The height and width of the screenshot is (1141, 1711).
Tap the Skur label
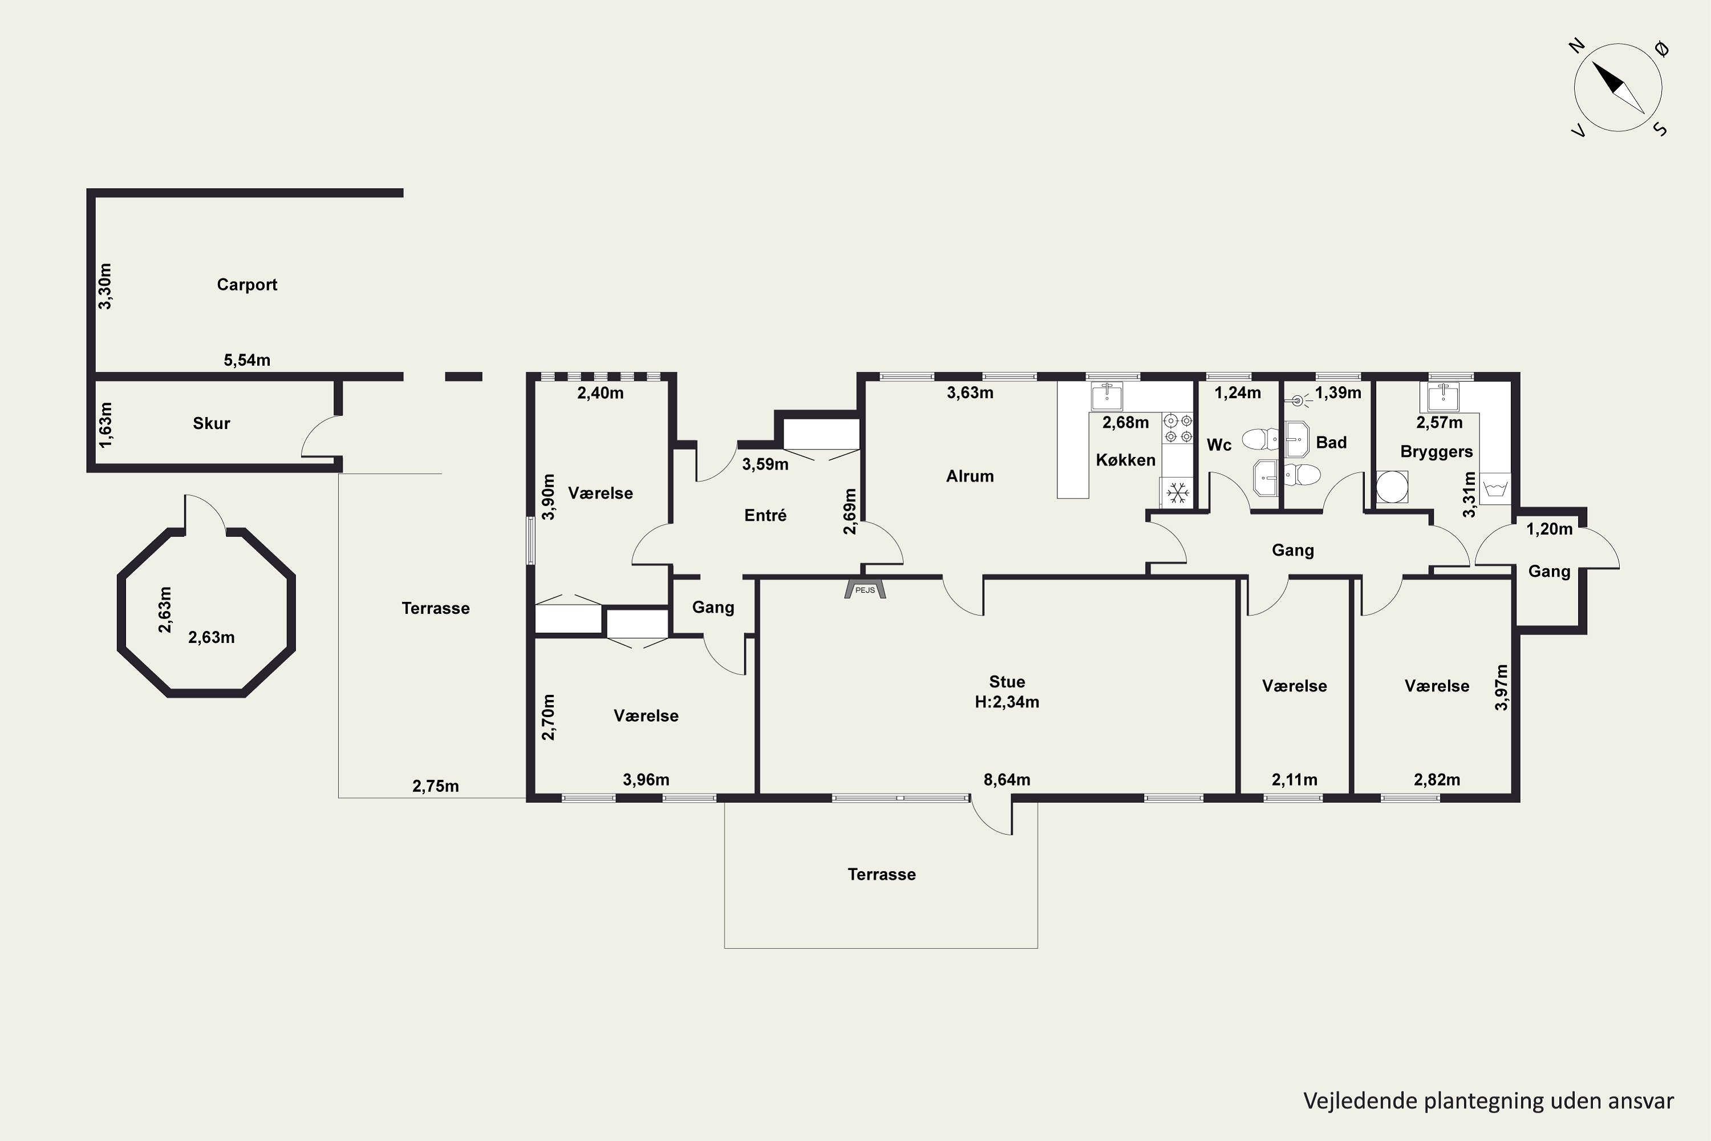(211, 423)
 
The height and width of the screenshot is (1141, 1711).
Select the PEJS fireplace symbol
(865, 588)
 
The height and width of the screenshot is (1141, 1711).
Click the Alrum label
(970, 476)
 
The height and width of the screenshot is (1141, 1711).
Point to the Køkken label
(1125, 460)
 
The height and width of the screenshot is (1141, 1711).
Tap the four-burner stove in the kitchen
(1177, 428)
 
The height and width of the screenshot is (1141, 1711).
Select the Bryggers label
(1436, 452)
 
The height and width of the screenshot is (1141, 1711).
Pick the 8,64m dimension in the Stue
(1007, 780)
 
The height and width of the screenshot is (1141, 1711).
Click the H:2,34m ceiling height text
(1007, 702)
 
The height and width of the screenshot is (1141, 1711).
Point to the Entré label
(765, 515)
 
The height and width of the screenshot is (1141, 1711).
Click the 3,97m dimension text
(1501, 687)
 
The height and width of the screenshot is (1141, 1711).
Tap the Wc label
(1219, 444)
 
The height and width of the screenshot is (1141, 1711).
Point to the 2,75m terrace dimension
(435, 786)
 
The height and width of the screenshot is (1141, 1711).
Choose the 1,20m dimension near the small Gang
(1549, 529)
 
